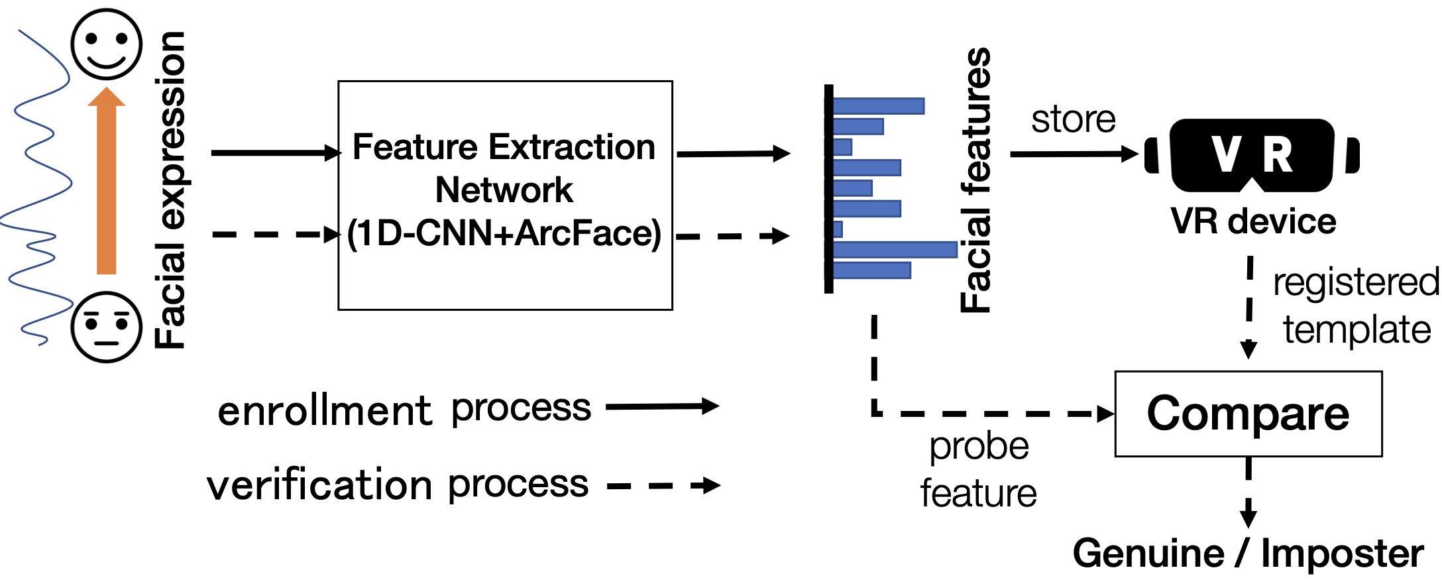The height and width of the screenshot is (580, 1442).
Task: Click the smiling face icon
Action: click(107, 44)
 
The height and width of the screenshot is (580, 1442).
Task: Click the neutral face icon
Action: click(107, 327)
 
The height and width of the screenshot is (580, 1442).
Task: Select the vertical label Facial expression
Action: click(170, 190)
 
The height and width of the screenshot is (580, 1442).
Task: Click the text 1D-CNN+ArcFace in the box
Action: click(504, 233)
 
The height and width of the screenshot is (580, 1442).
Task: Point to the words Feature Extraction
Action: click(504, 147)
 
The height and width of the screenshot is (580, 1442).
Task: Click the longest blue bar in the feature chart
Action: click(894, 250)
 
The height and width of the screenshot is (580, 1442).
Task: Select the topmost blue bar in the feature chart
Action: click(878, 106)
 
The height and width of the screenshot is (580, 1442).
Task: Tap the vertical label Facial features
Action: click(975, 180)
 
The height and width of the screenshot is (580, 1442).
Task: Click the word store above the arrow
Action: click(1073, 120)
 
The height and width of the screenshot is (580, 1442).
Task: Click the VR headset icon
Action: click(1252, 155)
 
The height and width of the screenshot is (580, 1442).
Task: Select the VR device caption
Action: click(1252, 221)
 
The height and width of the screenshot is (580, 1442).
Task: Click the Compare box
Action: click(1248, 414)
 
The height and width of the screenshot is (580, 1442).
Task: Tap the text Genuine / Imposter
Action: click(1248, 553)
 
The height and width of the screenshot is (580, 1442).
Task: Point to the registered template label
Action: click(1355, 306)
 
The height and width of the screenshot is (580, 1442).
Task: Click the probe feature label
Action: click(978, 469)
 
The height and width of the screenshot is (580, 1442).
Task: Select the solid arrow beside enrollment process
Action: click(662, 406)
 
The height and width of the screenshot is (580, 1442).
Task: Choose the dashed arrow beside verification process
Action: click(663, 486)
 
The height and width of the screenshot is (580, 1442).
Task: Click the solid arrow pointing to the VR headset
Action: click(1074, 154)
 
